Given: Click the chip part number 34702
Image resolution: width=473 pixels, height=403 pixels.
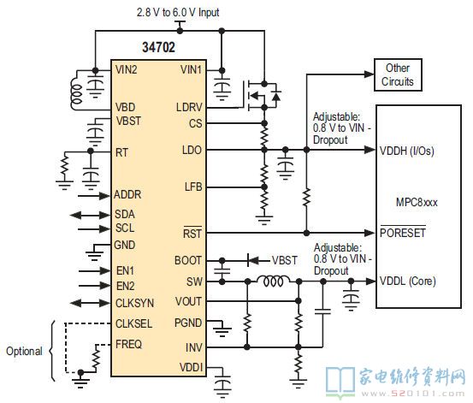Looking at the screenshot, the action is pos(158,47).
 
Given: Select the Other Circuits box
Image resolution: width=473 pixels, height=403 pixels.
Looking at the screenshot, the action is pos(398,74).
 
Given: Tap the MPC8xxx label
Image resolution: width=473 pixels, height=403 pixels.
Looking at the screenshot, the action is pos(417,202).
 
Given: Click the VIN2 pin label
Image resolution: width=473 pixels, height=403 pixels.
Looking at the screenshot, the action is pos(126,69).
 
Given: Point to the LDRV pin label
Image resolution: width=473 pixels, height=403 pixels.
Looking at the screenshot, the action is pos(189,107).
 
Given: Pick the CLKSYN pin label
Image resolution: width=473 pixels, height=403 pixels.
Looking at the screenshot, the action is pos(134,303).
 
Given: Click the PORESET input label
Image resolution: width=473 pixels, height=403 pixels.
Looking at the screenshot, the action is pos(402,233).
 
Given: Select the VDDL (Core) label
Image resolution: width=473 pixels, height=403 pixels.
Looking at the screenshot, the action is pos(407,281).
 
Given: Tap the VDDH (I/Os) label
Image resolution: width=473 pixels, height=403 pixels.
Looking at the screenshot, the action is pos(406,151).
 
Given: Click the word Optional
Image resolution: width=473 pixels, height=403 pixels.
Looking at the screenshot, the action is pos(24,351).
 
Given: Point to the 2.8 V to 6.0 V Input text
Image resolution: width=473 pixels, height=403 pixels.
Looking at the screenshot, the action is pos(178,12).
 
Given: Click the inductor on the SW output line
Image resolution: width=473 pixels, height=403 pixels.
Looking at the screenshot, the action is pos(273,281).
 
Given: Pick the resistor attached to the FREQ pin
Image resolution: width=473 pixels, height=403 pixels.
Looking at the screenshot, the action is pos(97,357).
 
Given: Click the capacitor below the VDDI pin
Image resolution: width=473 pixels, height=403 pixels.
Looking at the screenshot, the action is pos(222,384).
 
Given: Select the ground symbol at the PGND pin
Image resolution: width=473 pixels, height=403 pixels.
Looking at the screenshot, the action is pos(222,331).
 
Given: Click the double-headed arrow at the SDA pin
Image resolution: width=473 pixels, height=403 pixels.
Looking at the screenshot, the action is pos(90,215).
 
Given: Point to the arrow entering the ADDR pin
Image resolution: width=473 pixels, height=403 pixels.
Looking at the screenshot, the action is pos(94,196).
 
